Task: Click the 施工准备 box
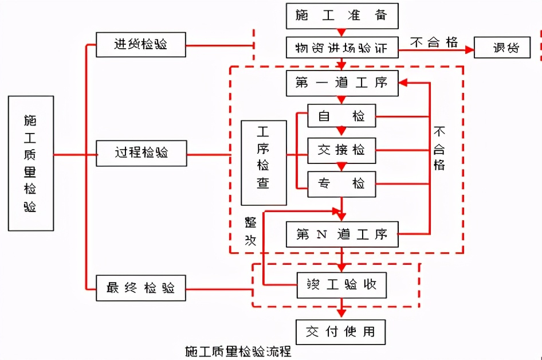341,16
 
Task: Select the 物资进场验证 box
341,48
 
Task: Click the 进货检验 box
141,44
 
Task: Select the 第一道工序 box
341,83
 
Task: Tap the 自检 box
341,116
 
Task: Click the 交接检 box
341,150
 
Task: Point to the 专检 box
341,184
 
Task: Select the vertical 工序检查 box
264,163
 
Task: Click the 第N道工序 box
341,234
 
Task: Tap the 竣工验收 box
341,284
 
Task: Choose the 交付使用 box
341,331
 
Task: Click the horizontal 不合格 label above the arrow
434,42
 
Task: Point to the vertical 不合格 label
439,148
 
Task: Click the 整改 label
250,231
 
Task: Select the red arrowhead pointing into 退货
470,50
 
